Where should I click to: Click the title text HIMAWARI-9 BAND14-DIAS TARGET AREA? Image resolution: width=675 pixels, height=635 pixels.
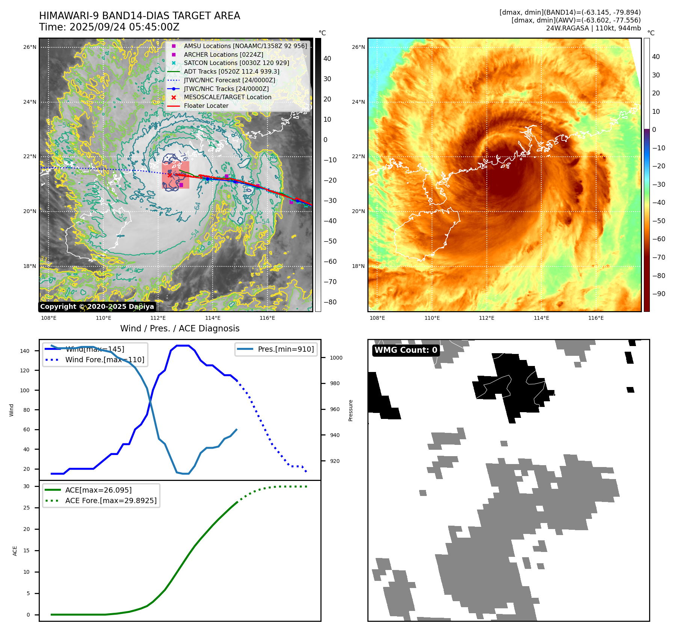(x=139, y=16)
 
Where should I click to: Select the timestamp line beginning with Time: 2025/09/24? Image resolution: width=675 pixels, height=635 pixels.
(x=109, y=27)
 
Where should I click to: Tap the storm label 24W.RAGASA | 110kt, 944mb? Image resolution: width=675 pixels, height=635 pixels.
(x=593, y=28)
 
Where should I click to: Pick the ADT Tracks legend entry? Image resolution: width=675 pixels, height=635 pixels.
(x=231, y=71)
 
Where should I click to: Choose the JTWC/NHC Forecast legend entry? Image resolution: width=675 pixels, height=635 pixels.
(x=229, y=80)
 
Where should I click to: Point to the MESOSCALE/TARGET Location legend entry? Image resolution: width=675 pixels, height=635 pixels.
(x=227, y=97)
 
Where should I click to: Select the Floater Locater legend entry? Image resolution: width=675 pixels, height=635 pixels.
(x=206, y=106)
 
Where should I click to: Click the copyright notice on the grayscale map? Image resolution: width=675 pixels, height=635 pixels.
(x=97, y=307)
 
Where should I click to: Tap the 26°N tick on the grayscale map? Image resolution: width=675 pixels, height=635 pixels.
(x=30, y=47)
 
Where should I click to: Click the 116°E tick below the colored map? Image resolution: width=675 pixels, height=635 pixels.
(x=596, y=318)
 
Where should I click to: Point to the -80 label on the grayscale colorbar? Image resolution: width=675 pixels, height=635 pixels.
(x=330, y=302)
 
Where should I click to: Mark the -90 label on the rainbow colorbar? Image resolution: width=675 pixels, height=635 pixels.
(x=658, y=294)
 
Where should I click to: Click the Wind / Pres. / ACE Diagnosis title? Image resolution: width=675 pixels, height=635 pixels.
(x=180, y=328)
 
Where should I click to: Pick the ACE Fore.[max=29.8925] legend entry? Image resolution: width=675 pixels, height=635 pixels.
(x=111, y=500)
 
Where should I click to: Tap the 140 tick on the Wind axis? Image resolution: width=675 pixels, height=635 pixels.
(x=25, y=351)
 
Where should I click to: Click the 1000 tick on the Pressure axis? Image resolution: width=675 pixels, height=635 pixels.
(x=336, y=358)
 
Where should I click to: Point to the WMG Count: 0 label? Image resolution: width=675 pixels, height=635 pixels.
(x=406, y=350)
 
